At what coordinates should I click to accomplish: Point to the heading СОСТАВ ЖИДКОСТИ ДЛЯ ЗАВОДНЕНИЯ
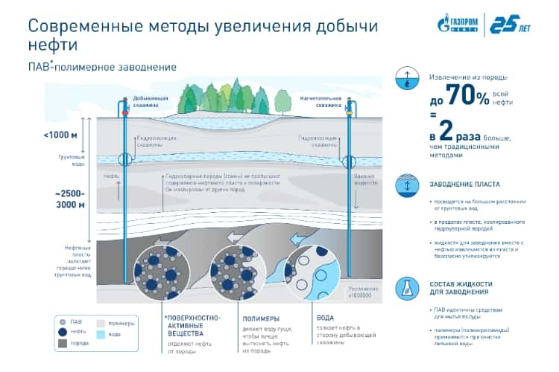[462, 289]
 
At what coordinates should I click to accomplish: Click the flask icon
[407, 289]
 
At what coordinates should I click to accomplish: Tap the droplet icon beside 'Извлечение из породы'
[407, 79]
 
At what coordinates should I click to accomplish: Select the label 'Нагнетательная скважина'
[320, 102]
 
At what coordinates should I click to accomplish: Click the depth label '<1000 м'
[60, 135]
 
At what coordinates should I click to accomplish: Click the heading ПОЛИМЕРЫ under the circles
[261, 318]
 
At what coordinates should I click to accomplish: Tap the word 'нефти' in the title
[53, 44]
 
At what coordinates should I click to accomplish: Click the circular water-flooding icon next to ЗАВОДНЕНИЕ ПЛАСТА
[407, 184]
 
